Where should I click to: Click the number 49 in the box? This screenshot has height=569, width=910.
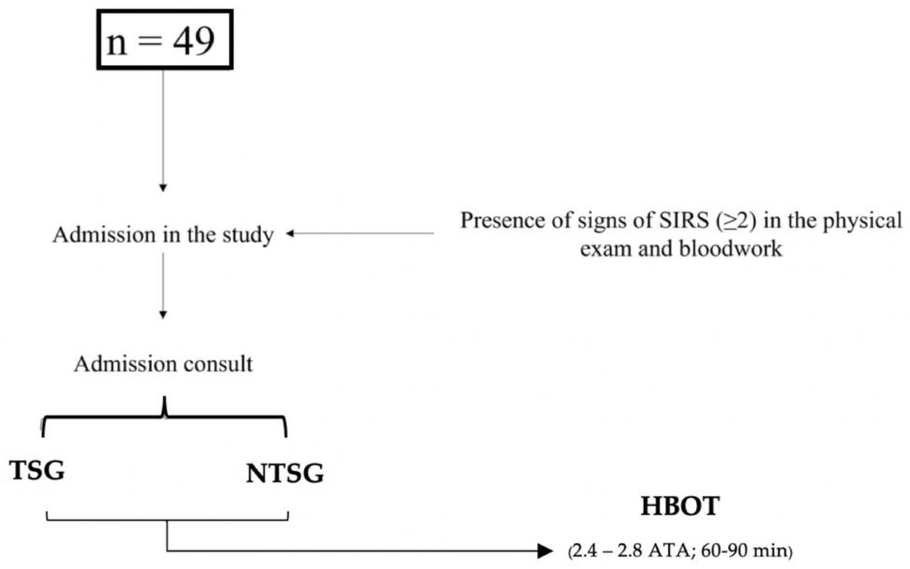pyautogui.click(x=194, y=41)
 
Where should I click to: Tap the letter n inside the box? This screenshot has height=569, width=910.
pyautogui.click(x=116, y=44)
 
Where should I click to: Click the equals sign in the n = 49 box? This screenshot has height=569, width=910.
pyautogui.click(x=150, y=41)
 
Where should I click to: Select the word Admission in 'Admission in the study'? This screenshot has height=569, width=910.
pyautogui.click(x=104, y=235)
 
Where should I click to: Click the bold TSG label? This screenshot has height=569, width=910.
pyautogui.click(x=37, y=470)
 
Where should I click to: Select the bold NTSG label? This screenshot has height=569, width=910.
pyautogui.click(x=285, y=473)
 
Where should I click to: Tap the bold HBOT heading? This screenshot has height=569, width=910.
pyautogui.click(x=680, y=506)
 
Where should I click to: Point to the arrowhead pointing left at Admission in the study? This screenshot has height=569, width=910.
pyautogui.click(x=290, y=234)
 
